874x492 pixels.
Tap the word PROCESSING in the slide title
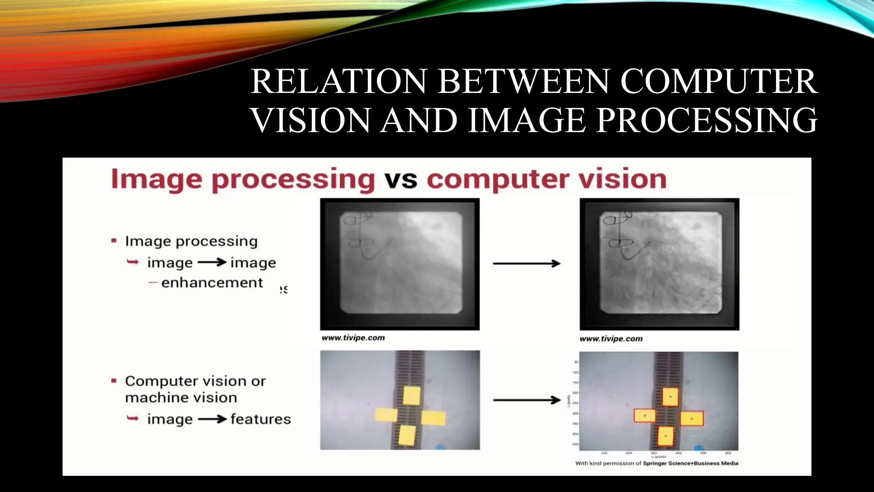tap(707, 120)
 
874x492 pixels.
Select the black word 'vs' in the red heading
tap(401, 179)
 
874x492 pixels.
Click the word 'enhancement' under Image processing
tap(212, 283)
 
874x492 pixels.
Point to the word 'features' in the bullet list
tap(260, 419)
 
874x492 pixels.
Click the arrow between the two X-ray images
tap(527, 264)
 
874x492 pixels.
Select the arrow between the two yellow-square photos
tap(527, 400)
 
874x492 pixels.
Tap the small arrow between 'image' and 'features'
tap(212, 419)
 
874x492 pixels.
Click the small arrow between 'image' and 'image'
tap(212, 262)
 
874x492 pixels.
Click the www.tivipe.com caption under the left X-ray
tap(353, 338)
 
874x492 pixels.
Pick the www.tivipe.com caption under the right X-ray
tap(611, 339)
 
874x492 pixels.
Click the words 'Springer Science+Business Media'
tap(690, 463)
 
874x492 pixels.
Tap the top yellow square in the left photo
tap(412, 395)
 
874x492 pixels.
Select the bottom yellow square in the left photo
tap(407, 435)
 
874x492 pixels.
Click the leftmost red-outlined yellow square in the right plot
tap(644, 416)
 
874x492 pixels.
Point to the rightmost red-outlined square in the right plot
tap(692, 419)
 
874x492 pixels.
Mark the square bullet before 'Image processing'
tap(114, 241)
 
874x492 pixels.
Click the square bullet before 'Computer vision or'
tap(114, 381)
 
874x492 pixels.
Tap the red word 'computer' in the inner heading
tap(498, 179)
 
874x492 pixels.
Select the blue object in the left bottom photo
tap(440, 447)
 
